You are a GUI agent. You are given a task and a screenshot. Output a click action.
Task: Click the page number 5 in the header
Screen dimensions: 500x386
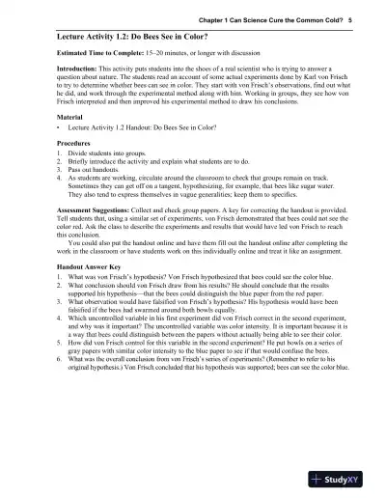point(350,18)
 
